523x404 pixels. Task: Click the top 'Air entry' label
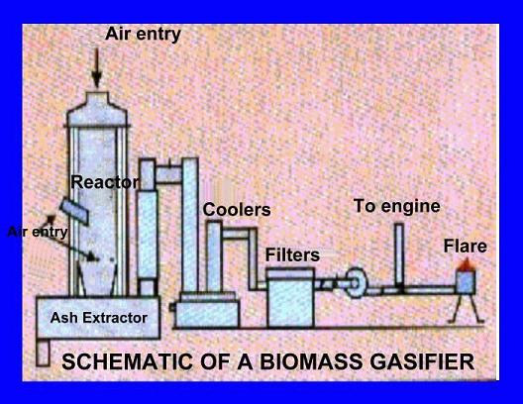pyautogui.click(x=143, y=35)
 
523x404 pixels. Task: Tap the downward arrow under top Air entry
pyautogui.click(x=97, y=68)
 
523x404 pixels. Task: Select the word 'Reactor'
pyautogui.click(x=105, y=182)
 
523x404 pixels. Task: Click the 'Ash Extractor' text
pyautogui.click(x=99, y=318)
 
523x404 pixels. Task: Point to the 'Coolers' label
pyautogui.click(x=237, y=210)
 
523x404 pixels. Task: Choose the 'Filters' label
pyautogui.click(x=292, y=255)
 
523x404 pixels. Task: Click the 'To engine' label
pyautogui.click(x=397, y=206)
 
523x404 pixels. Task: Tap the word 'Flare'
pyautogui.click(x=465, y=247)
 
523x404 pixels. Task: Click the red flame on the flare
pyautogui.click(x=466, y=264)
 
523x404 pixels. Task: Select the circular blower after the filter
pyautogui.click(x=356, y=282)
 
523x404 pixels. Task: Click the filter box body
pyautogui.click(x=290, y=298)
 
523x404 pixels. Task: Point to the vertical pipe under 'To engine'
pyautogui.click(x=399, y=256)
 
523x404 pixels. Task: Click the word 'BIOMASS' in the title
pyautogui.click(x=311, y=361)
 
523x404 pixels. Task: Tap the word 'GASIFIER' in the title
pyautogui.click(x=422, y=361)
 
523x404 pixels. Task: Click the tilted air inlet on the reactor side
pyautogui.click(x=74, y=211)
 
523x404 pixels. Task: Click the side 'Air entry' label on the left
pyautogui.click(x=38, y=232)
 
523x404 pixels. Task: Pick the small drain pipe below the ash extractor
pyautogui.click(x=43, y=352)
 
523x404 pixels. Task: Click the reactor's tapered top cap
pyautogui.click(x=97, y=109)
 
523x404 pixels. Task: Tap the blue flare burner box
pyautogui.click(x=466, y=282)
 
